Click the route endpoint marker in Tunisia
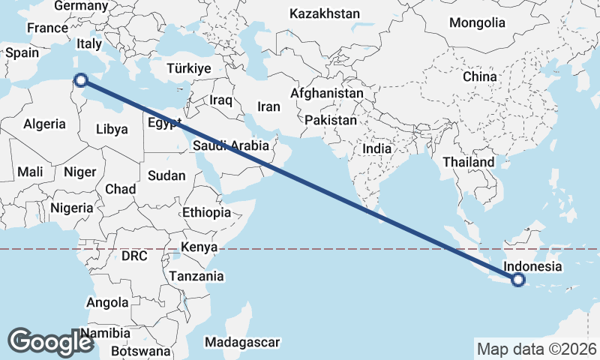coord(80,79)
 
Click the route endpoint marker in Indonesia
coord(517,280)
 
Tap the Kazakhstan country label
coord(325,13)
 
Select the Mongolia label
coord(477,22)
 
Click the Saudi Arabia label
coord(226,145)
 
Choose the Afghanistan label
coord(327,94)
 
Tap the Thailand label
coord(469,162)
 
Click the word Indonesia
coord(532,266)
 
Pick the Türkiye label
coord(189,68)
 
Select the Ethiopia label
coord(206,213)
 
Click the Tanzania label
coord(196,276)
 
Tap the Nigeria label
coord(72,208)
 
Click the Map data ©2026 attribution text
coord(536,349)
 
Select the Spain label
coord(22,53)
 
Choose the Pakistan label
coord(331,120)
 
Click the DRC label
coord(135,256)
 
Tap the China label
coord(479,76)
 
